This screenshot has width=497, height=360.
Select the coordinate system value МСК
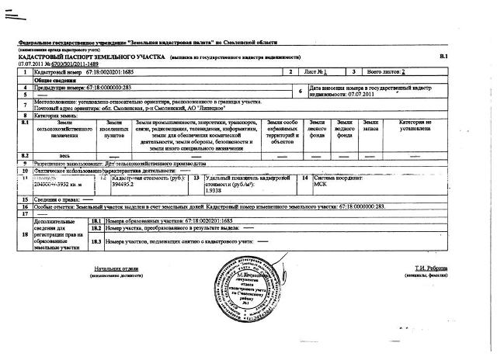[x=320, y=186]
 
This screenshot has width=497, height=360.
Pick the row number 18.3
[x=97, y=241]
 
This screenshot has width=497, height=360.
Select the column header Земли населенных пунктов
[x=114, y=130]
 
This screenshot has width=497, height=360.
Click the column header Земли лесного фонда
[x=317, y=130]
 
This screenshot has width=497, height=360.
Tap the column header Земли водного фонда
[x=344, y=130]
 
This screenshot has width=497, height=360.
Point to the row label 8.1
[x=25, y=123]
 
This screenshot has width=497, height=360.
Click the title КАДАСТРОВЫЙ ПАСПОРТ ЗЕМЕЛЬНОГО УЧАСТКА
[x=86, y=57]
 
